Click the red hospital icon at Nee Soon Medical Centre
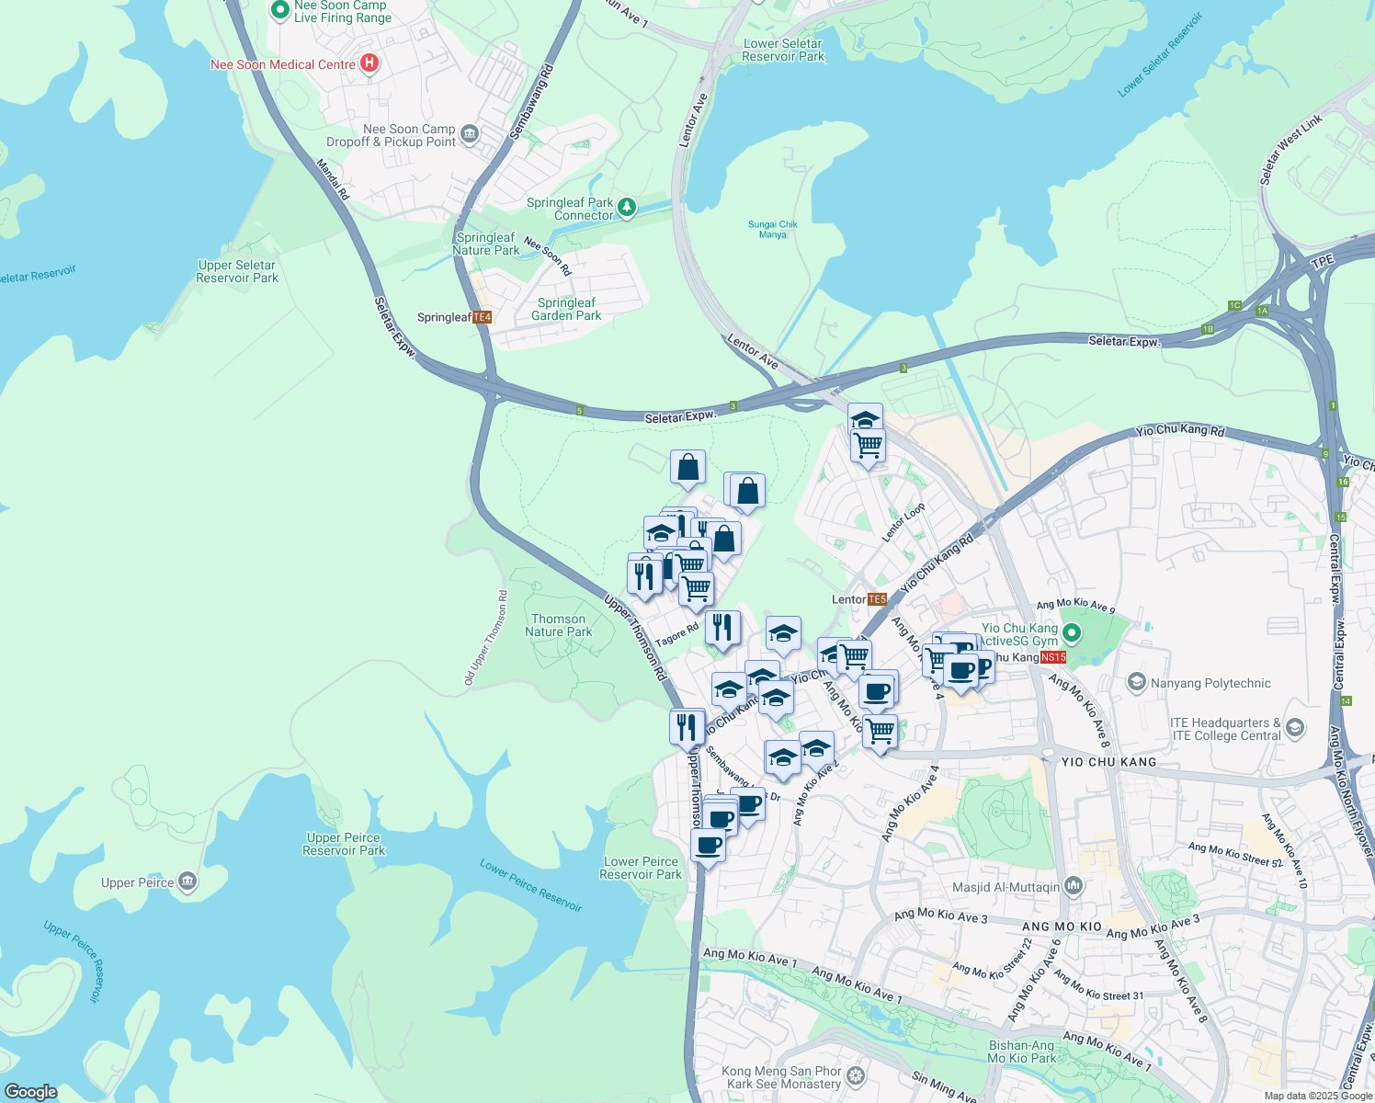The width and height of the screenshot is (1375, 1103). [369, 63]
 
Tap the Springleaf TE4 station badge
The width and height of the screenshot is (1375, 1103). [483, 317]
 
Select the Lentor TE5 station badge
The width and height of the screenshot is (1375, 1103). [877, 599]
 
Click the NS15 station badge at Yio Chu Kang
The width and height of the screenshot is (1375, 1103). [1053, 657]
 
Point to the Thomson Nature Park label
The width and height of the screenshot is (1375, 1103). [559, 625]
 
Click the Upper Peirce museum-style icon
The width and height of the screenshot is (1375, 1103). [187, 882]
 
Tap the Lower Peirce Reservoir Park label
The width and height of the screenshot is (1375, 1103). [641, 868]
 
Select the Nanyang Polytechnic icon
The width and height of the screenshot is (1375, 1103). [1137, 683]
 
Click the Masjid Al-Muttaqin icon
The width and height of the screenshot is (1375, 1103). [1074, 886]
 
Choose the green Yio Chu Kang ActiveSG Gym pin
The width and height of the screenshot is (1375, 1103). [1072, 633]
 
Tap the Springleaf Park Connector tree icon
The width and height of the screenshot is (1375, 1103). [627, 207]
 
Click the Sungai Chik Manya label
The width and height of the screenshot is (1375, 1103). [773, 229]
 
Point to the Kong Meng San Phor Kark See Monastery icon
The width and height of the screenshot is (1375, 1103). [856, 1075]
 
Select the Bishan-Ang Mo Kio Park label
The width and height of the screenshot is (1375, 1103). [1021, 1052]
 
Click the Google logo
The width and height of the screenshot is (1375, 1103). [30, 1092]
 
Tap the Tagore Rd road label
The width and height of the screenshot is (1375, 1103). [677, 635]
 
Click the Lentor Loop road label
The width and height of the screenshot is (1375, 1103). [903, 522]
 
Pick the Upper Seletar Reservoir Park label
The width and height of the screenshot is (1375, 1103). [237, 271]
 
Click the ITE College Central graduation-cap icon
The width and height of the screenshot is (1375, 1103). [1295, 729]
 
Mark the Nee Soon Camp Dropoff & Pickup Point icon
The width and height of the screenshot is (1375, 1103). [470, 134]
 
